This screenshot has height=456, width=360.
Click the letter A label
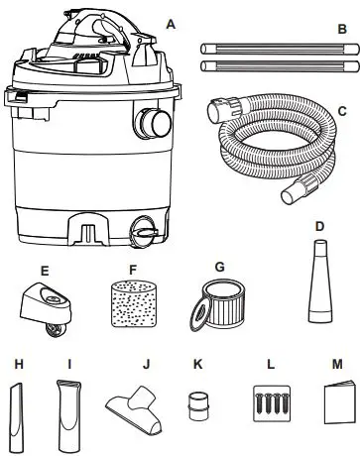click(172, 22)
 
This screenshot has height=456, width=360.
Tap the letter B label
click(342, 30)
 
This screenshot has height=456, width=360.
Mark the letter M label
click(337, 363)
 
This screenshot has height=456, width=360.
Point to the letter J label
click(146, 364)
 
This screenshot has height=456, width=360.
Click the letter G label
click(219, 266)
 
